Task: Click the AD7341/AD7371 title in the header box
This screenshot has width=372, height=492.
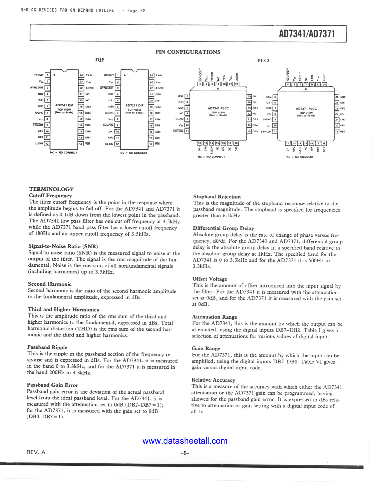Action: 307,34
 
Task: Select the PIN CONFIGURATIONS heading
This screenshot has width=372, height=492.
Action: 188,52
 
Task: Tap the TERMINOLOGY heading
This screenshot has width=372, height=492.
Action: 51,189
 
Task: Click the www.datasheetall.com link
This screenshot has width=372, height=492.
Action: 185,441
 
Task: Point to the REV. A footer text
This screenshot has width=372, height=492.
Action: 36,452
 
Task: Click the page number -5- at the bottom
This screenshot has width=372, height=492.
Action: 185,453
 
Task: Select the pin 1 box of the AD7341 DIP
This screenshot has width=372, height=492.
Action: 47,75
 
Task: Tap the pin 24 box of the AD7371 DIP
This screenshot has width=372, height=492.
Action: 151,75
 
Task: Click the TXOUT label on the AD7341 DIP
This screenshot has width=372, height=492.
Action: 39,75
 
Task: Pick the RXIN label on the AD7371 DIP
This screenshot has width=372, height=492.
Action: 159,75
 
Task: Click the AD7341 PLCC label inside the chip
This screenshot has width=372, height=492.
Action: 218,108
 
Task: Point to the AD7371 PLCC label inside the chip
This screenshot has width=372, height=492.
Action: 306,109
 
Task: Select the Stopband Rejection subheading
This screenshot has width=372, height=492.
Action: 217,197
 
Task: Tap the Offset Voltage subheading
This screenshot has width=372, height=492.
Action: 210,279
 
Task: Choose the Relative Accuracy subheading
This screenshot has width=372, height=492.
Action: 213,380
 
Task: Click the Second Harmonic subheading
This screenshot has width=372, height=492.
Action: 50,284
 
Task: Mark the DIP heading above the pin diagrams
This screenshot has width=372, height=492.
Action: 100,60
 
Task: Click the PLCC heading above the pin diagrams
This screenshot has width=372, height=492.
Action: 264,60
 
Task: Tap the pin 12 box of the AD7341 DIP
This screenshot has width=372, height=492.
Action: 47,144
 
